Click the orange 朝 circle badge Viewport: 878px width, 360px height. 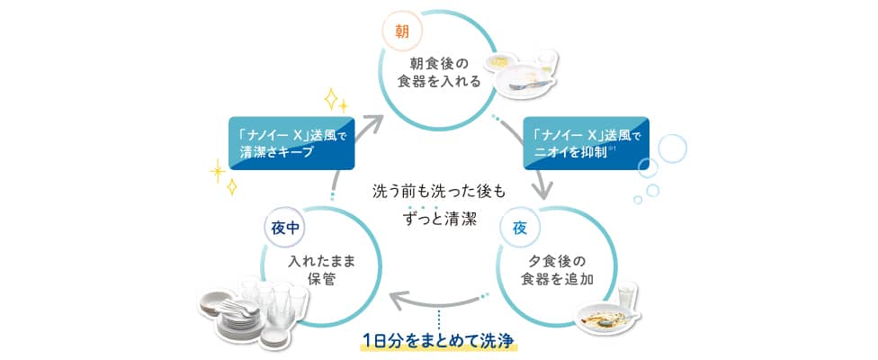point(399,31)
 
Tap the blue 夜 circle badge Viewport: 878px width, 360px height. point(519,227)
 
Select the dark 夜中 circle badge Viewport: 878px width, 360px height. point(281,228)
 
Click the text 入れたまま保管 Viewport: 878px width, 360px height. point(320,269)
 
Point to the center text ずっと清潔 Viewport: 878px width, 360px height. point(440,219)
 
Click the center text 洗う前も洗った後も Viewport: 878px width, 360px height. point(440,192)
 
